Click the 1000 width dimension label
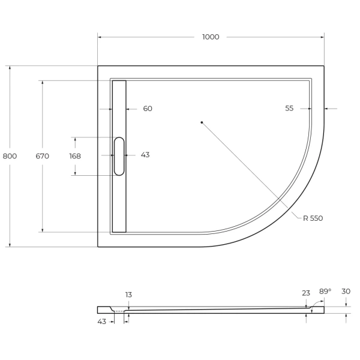pyautogui.click(x=211, y=37)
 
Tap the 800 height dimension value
pyautogui.click(x=10, y=156)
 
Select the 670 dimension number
pyautogui.click(x=42, y=156)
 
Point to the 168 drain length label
pyautogui.click(x=75, y=156)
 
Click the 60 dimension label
pyautogui.click(x=148, y=109)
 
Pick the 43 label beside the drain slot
pyautogui.click(x=145, y=155)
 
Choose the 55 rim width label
pyautogui.click(x=289, y=109)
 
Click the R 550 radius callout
pyautogui.click(x=313, y=218)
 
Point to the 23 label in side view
pyautogui.click(x=306, y=293)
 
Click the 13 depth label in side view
pyautogui.click(x=128, y=295)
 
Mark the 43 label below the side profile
pyautogui.click(x=101, y=322)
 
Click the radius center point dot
pyautogui.click(x=202, y=122)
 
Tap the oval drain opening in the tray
pyautogui.click(x=119, y=156)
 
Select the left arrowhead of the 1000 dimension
pyautogui.click(x=100, y=37)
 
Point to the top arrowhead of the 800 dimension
pyautogui.click(x=10, y=68)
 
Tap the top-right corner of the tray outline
pyautogui.click(x=324, y=66)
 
